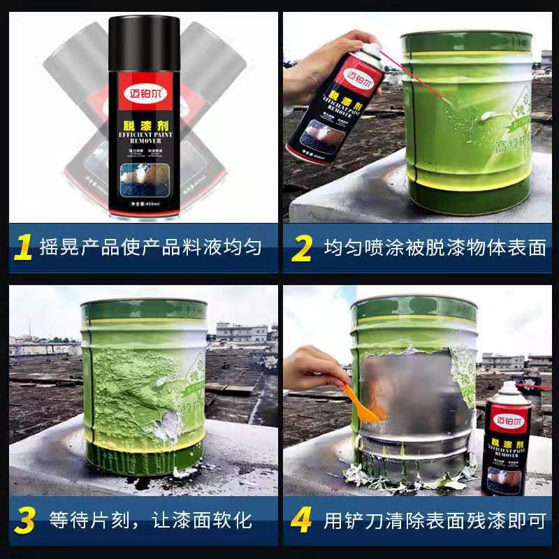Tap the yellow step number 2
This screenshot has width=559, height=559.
[x=301, y=247]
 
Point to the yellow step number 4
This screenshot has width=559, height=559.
[x=301, y=520]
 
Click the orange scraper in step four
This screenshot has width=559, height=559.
[x=361, y=405]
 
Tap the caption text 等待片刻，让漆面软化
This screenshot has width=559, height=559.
[x=150, y=521]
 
